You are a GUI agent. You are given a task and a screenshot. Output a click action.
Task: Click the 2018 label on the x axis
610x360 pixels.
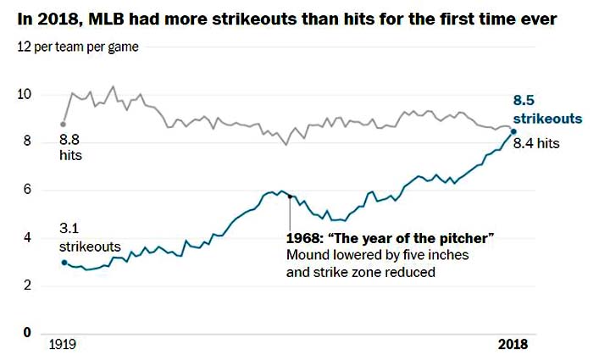(x=512, y=345)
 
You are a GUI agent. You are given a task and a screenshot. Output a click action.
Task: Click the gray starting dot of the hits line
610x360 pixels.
(x=63, y=124)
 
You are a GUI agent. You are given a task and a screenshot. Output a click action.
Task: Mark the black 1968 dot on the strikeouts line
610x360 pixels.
(x=291, y=197)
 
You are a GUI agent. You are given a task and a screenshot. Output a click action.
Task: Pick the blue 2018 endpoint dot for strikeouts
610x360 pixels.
(x=513, y=130)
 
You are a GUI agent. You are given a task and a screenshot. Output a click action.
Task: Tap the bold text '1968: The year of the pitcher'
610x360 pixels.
(x=390, y=240)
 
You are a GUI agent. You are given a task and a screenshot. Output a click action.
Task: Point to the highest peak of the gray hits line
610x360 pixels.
(x=114, y=86)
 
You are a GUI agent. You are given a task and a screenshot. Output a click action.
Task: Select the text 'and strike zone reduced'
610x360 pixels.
(x=360, y=273)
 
